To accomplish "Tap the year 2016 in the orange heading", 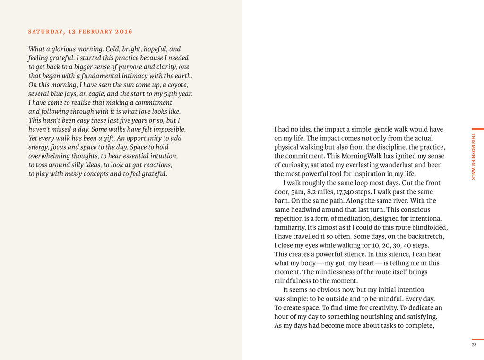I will click(x=124, y=32).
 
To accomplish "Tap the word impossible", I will click(x=169, y=129).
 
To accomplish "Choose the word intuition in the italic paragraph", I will click(x=162, y=156).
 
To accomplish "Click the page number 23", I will click(x=474, y=345).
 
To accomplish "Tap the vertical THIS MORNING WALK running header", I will click(x=473, y=156).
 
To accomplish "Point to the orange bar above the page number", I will click(x=478, y=339).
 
